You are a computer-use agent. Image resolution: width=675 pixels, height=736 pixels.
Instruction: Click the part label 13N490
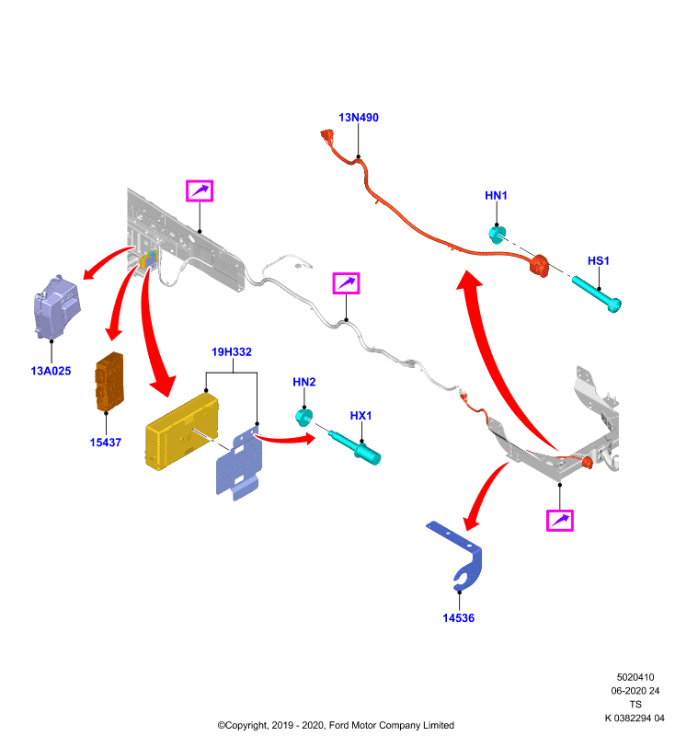coord(359,118)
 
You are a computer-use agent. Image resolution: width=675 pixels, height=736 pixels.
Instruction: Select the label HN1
coord(496,195)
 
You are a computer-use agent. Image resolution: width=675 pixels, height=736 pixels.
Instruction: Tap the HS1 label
coord(598,260)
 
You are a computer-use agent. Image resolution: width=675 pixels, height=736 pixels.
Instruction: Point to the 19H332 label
coord(231,351)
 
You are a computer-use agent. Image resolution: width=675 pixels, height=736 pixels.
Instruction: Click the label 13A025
coord(51,371)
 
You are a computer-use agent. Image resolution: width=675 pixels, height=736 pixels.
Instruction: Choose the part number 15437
coord(106,443)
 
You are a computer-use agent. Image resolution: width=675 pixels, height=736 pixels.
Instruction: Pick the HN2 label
coord(304,382)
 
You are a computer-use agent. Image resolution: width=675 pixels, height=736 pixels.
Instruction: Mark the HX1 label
coord(360,416)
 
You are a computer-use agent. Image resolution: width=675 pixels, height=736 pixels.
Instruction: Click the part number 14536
coord(458,617)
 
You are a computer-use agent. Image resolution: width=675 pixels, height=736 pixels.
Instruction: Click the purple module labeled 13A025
coord(57,307)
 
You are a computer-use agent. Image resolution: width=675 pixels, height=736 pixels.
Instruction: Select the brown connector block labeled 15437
coord(109,382)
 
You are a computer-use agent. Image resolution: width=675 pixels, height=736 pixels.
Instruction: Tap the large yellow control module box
coord(182,431)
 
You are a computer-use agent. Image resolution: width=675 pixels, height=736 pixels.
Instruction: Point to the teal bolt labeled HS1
coord(597,293)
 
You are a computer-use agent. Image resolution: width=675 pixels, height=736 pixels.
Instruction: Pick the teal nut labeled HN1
coord(497,235)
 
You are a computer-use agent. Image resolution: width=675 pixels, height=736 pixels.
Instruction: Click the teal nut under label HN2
coord(304,417)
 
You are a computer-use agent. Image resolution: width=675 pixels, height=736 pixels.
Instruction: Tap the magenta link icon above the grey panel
coord(200,191)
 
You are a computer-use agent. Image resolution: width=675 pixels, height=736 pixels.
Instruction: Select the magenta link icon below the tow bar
coord(560,521)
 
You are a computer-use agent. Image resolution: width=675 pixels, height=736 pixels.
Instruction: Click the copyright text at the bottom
coord(336,725)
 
